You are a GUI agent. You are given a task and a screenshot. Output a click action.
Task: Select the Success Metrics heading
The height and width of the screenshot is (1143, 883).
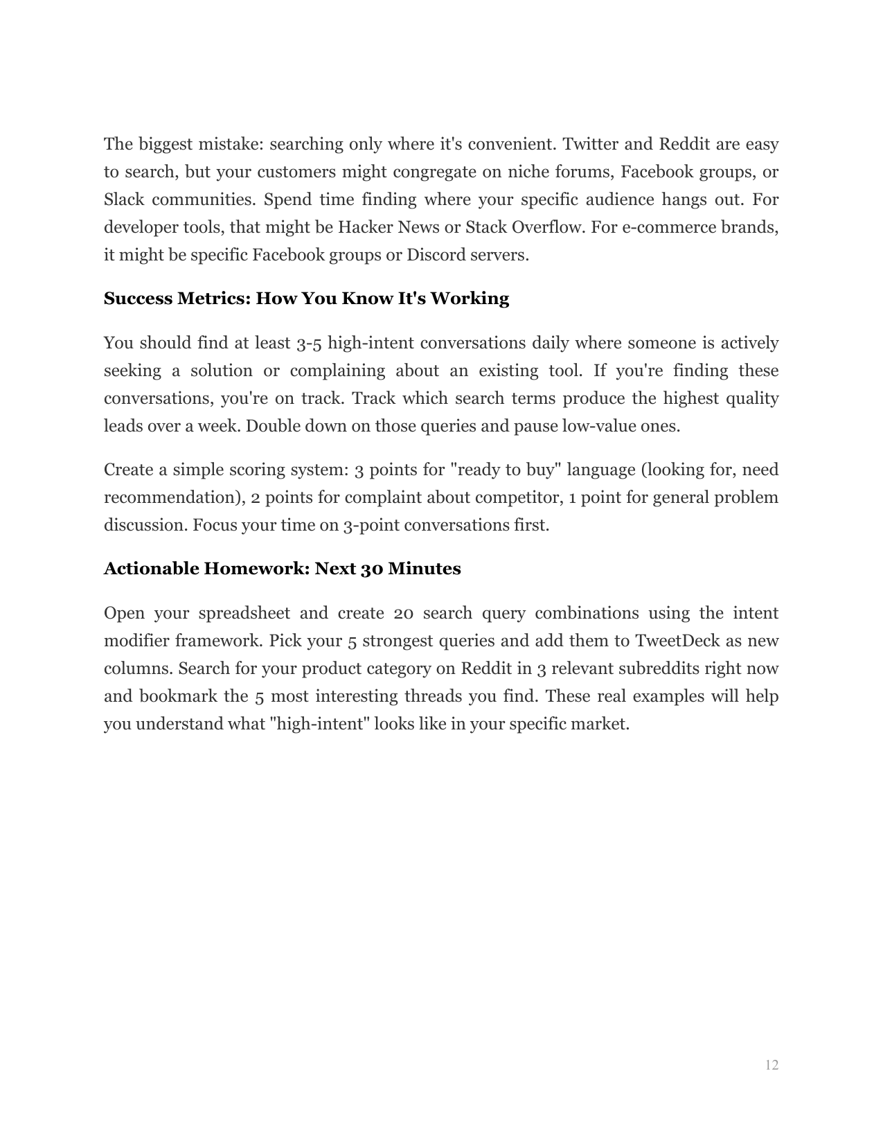click(306, 299)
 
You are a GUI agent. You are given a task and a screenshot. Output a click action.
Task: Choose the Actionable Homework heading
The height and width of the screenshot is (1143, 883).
click(282, 569)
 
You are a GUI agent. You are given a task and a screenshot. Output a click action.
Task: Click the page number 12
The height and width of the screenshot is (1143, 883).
click(771, 1065)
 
